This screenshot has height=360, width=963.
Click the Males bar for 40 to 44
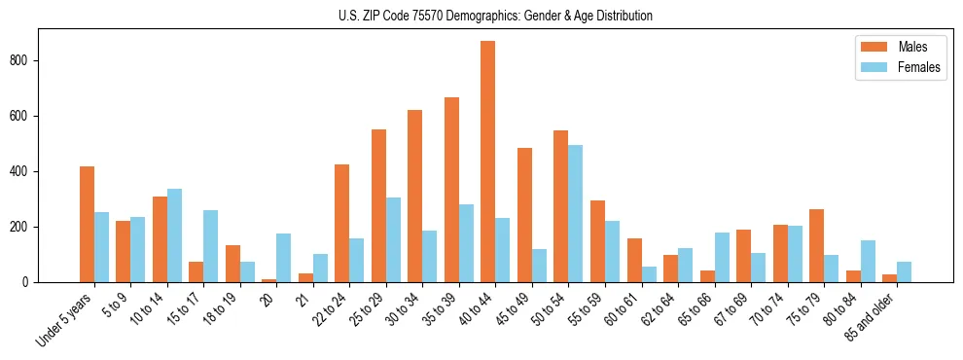[487, 162]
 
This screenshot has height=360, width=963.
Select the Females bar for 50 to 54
[575, 214]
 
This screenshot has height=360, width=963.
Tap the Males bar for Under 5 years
[87, 225]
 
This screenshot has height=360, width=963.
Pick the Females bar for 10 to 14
[174, 235]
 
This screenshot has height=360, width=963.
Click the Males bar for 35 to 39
[451, 190]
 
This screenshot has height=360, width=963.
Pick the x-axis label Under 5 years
[66, 318]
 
